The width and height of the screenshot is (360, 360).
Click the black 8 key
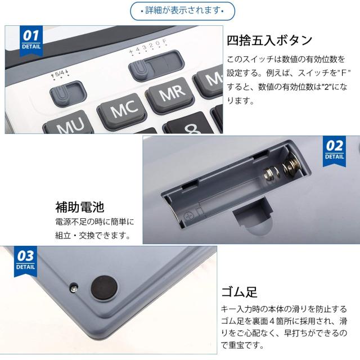pyautogui.click(x=189, y=124)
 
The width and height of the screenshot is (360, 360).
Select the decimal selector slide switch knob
pyautogui.click(x=138, y=69)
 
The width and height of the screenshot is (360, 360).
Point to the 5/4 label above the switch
pyautogui.click(x=60, y=74)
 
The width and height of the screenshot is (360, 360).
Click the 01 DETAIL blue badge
pyautogui.click(x=31, y=40)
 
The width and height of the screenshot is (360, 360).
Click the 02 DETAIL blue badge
pyautogui.click(x=334, y=151)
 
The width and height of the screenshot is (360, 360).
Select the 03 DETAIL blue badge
pyautogui.click(x=25, y=261)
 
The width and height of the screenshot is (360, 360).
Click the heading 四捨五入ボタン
pyautogui.click(x=269, y=40)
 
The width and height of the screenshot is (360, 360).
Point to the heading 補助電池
pyautogui.click(x=80, y=207)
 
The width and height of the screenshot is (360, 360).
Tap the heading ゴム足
pyautogui.click(x=239, y=292)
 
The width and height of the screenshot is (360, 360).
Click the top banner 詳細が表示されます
pyautogui.click(x=183, y=11)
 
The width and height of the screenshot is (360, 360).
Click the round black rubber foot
pyautogui.click(x=104, y=287)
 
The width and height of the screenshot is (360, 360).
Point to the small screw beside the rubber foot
pyautogui.click(x=74, y=288)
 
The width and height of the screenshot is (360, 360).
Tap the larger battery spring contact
pyautogui.click(x=291, y=165)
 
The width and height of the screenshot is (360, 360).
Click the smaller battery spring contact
pyautogui.click(x=272, y=173)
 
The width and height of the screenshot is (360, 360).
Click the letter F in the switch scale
pyautogui.click(x=164, y=42)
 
